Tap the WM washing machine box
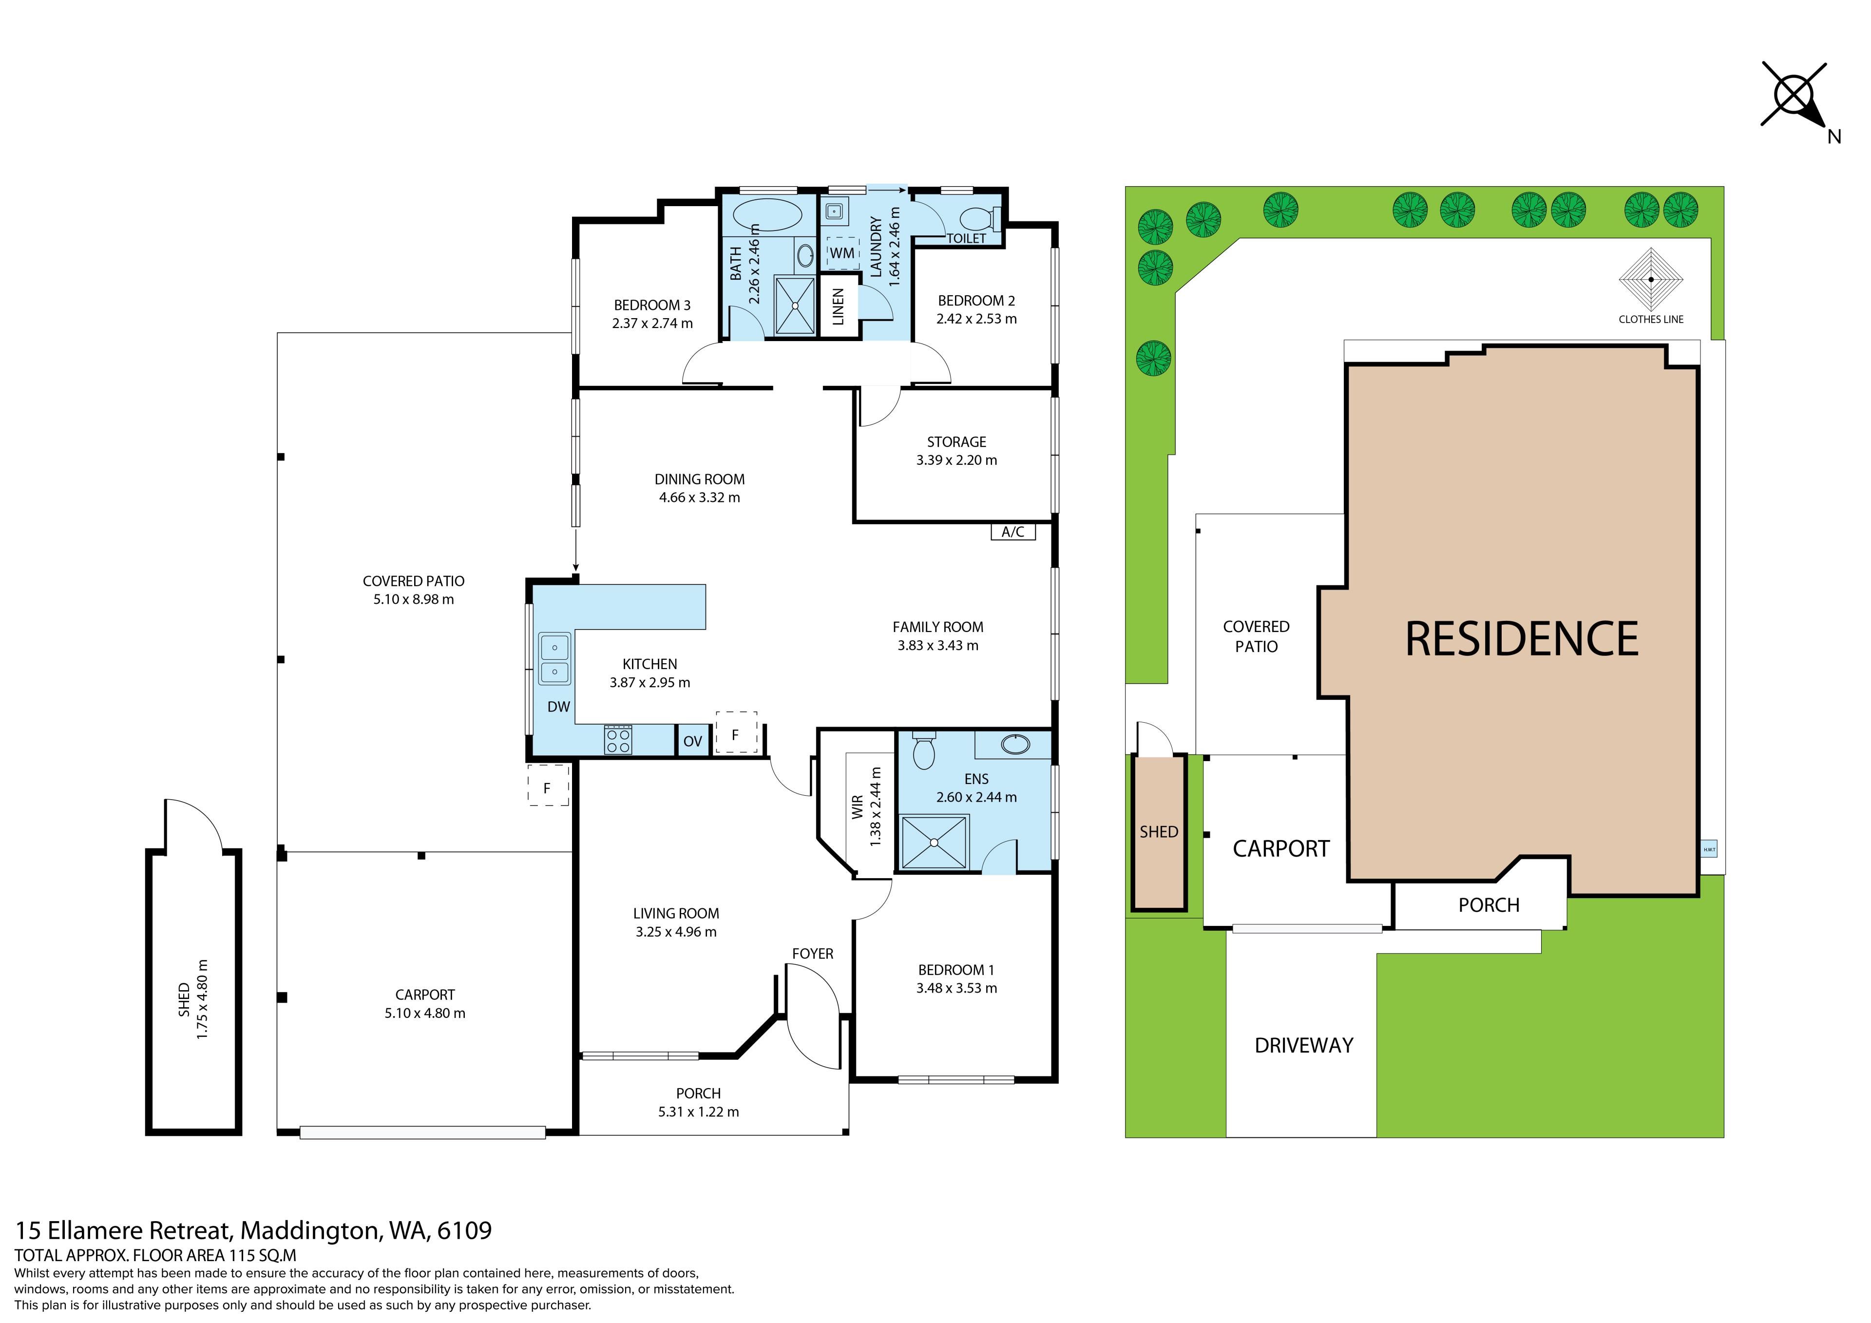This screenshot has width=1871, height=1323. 842,253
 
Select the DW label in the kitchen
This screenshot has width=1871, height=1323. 558,707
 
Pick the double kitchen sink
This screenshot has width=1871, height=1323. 555,659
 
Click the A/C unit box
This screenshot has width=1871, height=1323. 1013,532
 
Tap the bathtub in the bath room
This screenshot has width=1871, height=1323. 767,216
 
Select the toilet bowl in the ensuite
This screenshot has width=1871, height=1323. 923,751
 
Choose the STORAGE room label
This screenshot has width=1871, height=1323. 956,442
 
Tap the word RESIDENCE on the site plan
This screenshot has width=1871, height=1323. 1522,639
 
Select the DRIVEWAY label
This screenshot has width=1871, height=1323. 1304,1045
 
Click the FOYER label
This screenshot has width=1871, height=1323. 812,954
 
